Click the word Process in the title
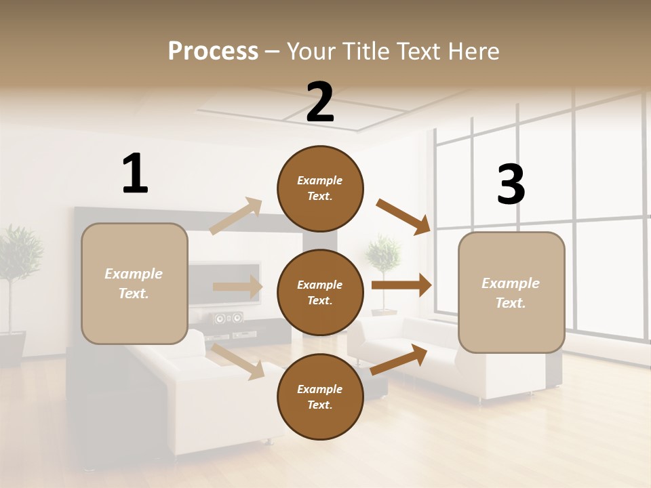coord(213,51)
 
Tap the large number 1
coord(135,174)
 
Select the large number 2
coord(320,102)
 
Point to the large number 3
coord(511,185)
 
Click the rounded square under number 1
coord(134,283)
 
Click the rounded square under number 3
coord(511,292)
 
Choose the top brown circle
coord(320,188)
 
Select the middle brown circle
coord(320,292)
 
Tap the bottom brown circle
coord(320,396)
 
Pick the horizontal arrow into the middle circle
coord(237,287)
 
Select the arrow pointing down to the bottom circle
coord(238,361)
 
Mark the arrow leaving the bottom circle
coord(399,359)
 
